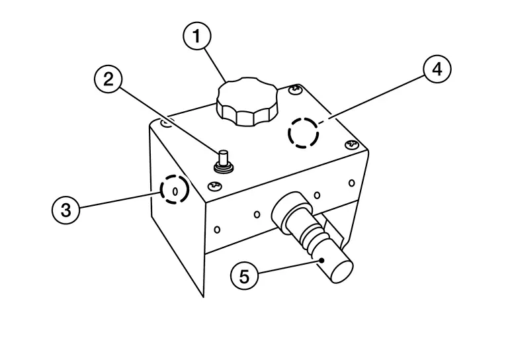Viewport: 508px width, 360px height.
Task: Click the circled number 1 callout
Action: point(197,36)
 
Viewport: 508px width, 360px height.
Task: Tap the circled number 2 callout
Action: point(108,79)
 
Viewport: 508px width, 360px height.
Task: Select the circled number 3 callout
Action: point(65,210)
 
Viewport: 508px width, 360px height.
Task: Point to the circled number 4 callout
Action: point(437,69)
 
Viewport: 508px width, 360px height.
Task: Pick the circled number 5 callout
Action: point(244,277)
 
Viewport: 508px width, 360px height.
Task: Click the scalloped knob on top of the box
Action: point(248,102)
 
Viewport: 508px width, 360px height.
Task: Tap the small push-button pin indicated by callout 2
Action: point(224,161)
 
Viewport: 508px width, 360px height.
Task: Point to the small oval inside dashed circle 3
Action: point(175,191)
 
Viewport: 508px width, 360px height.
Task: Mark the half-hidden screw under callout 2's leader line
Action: point(166,122)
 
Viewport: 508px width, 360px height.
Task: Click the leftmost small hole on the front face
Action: point(218,230)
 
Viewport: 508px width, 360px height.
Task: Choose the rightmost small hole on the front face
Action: point(351,183)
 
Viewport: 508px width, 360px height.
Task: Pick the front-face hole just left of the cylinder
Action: point(257,214)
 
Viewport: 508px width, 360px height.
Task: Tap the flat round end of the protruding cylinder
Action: point(341,271)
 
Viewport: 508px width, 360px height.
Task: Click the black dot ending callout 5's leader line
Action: point(321,260)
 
